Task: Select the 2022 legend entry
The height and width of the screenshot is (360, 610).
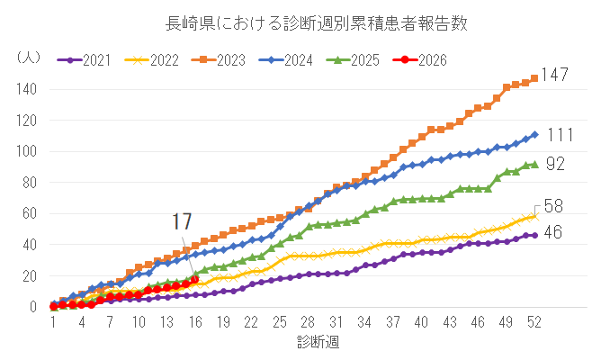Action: point(154,60)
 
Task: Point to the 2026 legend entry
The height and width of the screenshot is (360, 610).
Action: point(423,60)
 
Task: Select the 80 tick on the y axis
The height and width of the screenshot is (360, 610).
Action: point(29,183)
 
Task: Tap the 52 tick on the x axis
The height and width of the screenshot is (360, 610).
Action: point(534,322)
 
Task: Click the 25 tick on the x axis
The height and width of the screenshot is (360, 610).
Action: point(280,322)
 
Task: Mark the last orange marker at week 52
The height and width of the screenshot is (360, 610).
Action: point(534,78)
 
